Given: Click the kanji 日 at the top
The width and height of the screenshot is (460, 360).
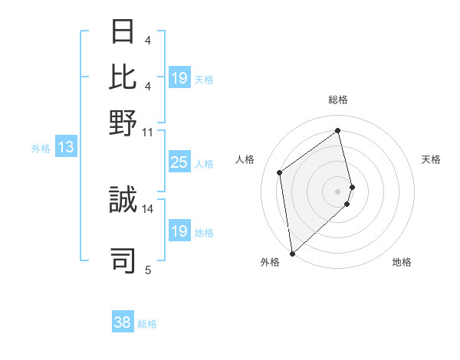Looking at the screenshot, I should (x=123, y=31).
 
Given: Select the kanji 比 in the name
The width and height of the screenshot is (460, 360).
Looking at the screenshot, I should (x=123, y=77).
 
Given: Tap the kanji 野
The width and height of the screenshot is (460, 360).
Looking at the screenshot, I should (x=123, y=123).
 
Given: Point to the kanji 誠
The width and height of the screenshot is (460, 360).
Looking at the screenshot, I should (x=123, y=201).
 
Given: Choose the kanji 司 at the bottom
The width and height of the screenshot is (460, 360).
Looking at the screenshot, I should (x=123, y=260).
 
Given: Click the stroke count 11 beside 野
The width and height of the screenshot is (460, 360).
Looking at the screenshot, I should (x=147, y=132).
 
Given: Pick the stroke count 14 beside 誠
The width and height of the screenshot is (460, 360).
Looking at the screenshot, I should (x=147, y=208).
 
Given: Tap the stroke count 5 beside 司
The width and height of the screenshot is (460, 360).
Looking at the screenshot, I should (x=147, y=269).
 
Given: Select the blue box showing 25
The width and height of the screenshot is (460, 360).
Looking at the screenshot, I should (x=179, y=162).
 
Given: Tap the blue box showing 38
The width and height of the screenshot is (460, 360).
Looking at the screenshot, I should (x=122, y=322).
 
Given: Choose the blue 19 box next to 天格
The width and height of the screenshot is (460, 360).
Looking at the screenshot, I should (x=179, y=77).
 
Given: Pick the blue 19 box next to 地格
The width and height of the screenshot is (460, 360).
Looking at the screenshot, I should (x=179, y=231).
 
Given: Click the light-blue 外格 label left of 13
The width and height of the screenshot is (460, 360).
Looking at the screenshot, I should (x=40, y=149).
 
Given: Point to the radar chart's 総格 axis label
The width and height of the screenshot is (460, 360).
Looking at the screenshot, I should (x=338, y=100).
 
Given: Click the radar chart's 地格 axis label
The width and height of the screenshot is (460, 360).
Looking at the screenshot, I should (x=402, y=262).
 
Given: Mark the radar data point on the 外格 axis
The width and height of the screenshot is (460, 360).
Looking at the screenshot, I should (x=292, y=253).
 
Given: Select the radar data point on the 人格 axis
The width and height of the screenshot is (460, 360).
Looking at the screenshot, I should (x=280, y=172).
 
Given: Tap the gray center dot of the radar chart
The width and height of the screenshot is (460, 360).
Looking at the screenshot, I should (x=338, y=190).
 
